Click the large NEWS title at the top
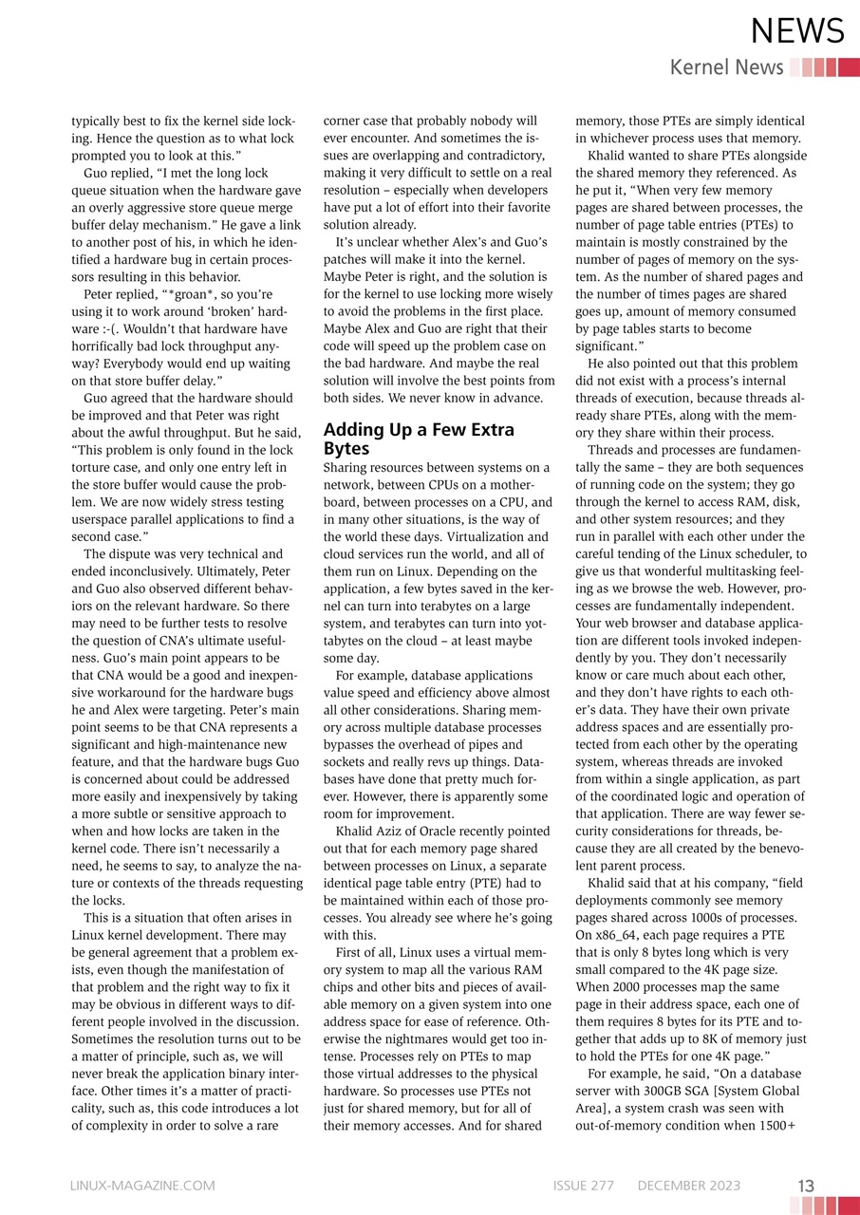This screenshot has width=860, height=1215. (x=796, y=32)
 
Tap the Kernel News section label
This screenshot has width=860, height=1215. (x=726, y=67)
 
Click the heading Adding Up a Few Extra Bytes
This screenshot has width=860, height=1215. (x=419, y=439)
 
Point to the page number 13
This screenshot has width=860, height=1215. (x=806, y=1186)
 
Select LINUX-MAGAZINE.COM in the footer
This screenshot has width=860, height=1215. (x=142, y=1186)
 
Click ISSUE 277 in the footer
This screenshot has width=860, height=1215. (x=583, y=1186)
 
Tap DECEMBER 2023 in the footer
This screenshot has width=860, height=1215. (x=688, y=1186)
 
